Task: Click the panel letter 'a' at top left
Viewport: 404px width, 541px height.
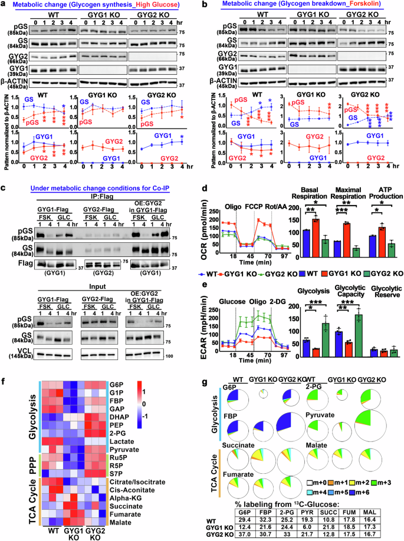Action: [4, 5]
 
